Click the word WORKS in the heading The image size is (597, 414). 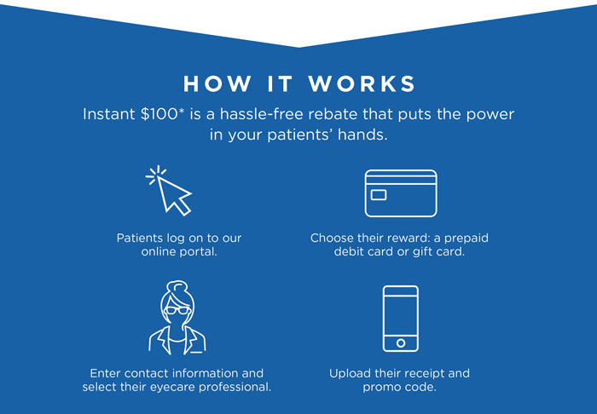tap(362, 83)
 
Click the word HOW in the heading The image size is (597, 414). tap(217, 83)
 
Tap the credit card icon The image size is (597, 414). tap(401, 193)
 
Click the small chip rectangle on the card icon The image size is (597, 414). tap(379, 195)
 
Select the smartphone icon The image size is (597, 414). tap(401, 319)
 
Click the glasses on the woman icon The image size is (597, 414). tap(177, 310)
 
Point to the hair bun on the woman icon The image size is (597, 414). tap(177, 285)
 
